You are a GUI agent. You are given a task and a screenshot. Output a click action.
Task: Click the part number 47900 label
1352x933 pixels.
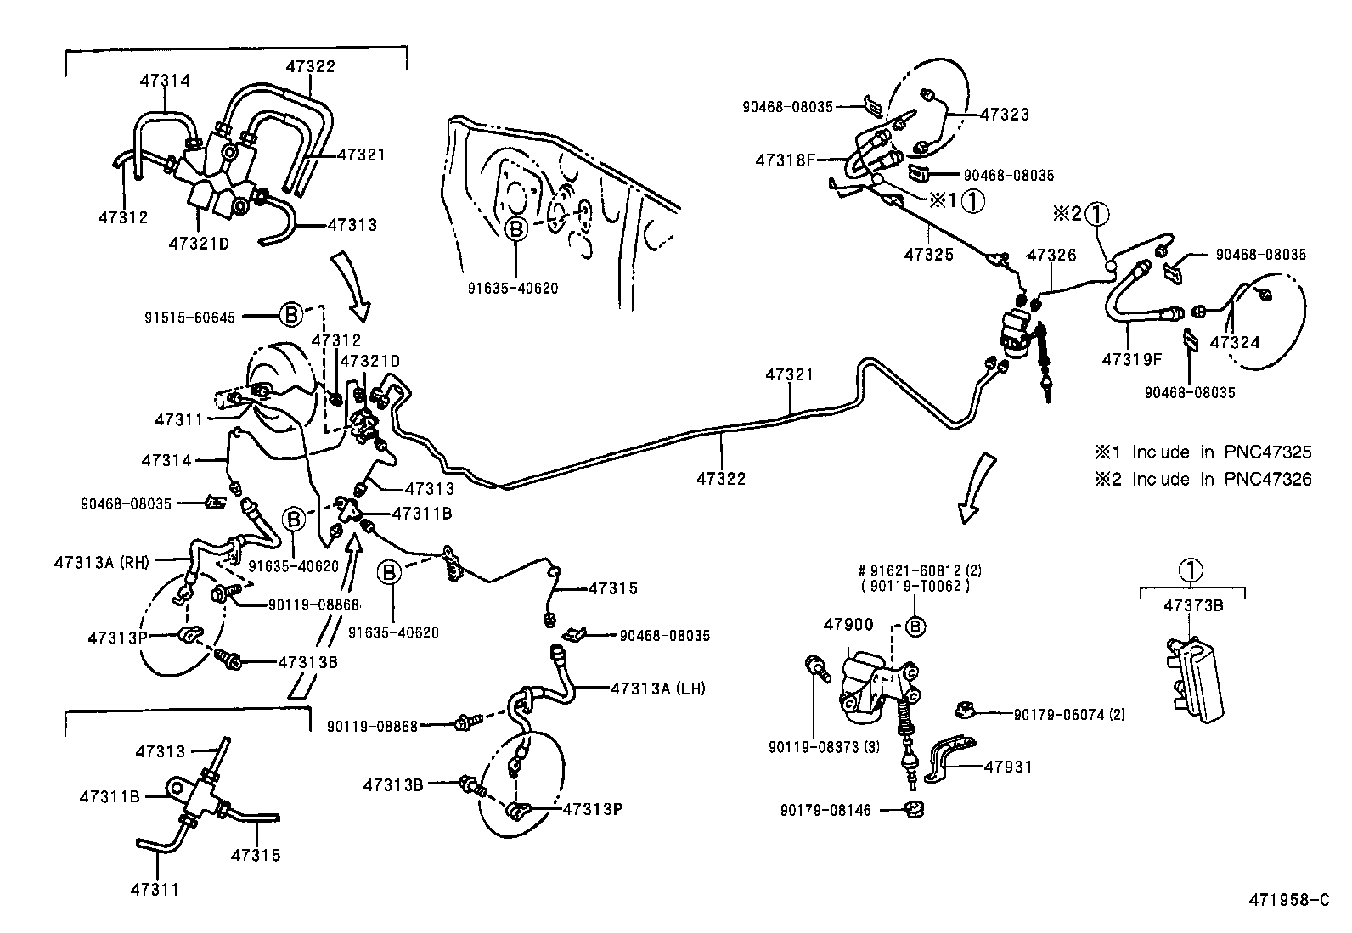tap(848, 625)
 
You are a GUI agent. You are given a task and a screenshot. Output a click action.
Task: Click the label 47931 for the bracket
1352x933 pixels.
tap(1008, 767)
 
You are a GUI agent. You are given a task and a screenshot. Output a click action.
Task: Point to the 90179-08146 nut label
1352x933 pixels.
tap(825, 810)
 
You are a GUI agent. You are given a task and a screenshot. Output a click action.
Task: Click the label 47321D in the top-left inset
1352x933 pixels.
tap(199, 243)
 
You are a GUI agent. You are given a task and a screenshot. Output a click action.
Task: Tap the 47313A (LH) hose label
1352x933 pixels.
tap(657, 689)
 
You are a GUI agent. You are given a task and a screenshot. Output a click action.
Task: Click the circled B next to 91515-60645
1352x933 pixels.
tap(290, 315)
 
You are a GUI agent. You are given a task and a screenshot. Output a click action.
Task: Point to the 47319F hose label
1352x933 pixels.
tap(1131, 358)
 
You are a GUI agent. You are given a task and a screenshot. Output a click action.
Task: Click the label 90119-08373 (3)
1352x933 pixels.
tap(811, 747)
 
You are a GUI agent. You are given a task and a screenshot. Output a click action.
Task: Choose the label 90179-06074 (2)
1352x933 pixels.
tap(1069, 715)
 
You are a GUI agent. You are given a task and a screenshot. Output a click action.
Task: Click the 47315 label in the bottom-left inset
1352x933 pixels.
tap(255, 856)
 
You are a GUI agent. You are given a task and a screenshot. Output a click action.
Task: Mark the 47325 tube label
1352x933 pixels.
tap(930, 254)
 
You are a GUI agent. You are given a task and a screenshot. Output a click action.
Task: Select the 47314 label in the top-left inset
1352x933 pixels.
tap(165, 81)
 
